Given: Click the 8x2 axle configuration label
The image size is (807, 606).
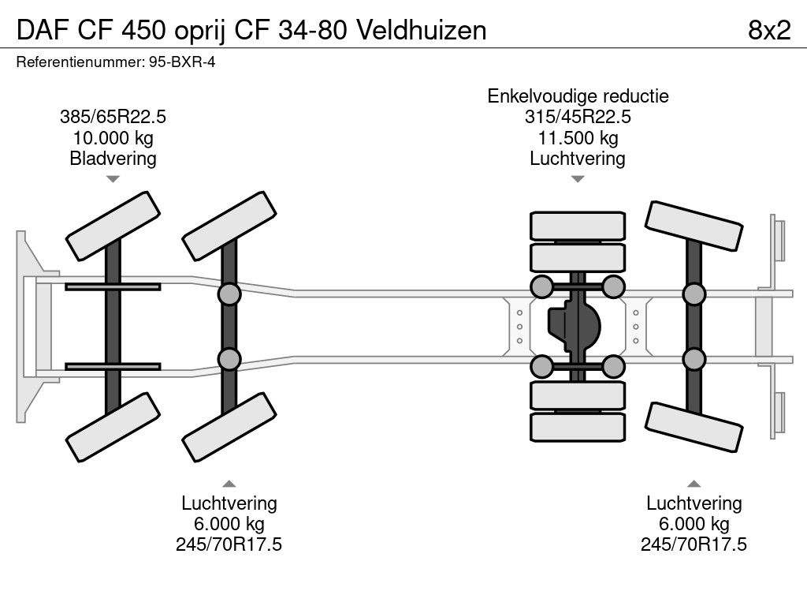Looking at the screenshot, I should point(768,30).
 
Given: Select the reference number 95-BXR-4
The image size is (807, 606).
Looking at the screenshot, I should point(181,62).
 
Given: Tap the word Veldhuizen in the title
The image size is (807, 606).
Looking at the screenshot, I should point(422,30).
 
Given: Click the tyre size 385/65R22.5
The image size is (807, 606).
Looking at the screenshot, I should point(113,117).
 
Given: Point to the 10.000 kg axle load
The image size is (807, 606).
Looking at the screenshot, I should point(113,138).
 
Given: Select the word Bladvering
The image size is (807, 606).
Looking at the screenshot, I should point(113,159).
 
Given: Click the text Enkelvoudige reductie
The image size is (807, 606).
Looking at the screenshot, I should point(578,96).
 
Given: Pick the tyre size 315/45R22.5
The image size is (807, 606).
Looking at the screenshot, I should point(578,117).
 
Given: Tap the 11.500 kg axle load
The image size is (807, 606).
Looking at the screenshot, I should point(578,138).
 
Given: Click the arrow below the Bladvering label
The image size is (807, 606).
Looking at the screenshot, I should point(113,179).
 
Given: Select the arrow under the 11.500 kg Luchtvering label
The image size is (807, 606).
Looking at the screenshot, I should point(578,179).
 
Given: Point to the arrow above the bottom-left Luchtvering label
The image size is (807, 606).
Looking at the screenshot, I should point(229,483).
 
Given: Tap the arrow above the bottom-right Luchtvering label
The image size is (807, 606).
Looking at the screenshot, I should point(694,483).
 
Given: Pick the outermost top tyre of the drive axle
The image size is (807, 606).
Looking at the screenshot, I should point(578,226).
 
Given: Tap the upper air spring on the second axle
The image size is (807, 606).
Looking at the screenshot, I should point(229,294).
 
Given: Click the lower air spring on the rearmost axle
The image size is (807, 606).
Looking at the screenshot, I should point(694,360).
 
